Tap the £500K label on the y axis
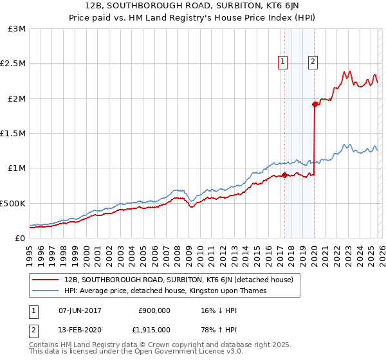point(13,203)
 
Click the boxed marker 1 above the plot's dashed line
point(282,62)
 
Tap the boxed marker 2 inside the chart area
point(313,62)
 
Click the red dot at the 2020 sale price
point(315,104)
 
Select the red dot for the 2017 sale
point(284,175)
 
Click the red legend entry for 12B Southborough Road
point(179,280)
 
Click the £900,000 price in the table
point(154,310)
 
